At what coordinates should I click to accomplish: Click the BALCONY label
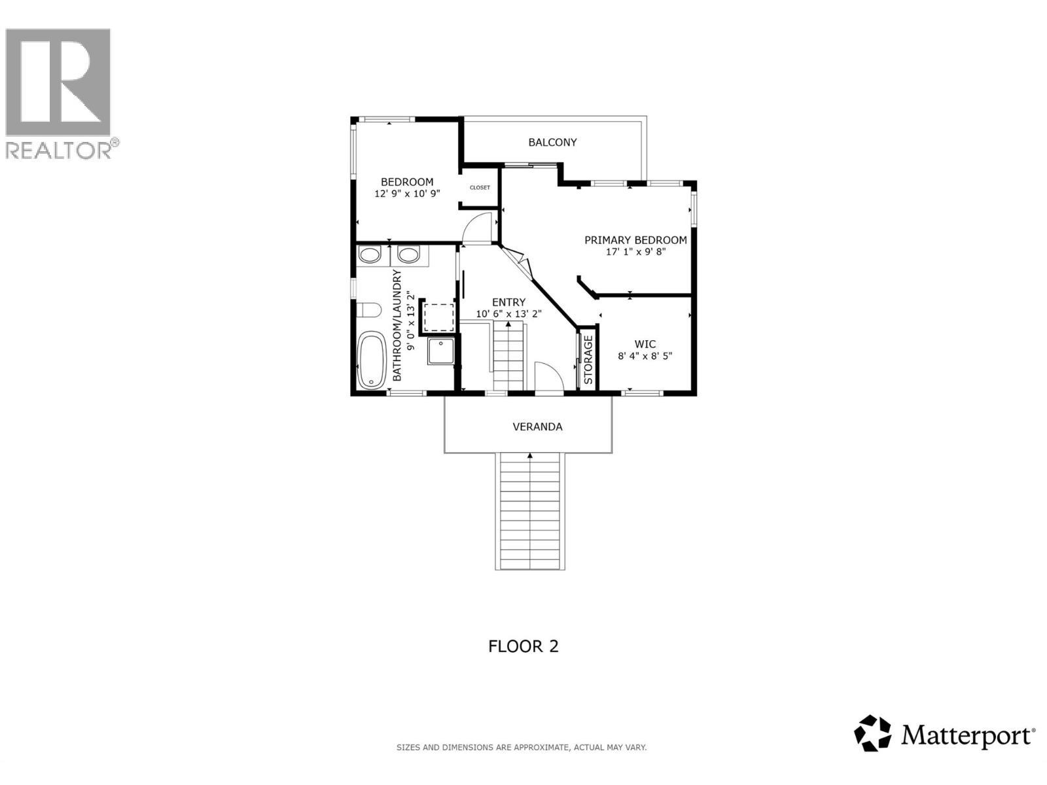point(552,142)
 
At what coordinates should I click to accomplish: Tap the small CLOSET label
point(480,188)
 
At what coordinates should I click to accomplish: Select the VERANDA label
point(537,427)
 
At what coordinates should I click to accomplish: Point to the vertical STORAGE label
point(588,360)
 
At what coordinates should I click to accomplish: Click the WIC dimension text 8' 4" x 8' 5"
point(645,356)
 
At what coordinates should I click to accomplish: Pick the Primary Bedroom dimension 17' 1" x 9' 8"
point(635,251)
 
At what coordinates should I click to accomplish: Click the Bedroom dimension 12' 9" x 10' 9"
point(407,194)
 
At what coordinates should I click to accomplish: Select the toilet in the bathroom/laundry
point(369,309)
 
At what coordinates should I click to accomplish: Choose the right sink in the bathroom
point(409,254)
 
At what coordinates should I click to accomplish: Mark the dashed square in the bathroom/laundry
point(438,317)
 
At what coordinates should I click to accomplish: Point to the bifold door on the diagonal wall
point(521,262)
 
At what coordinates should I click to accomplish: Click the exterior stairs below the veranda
point(529,510)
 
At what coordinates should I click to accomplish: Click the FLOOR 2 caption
point(523,646)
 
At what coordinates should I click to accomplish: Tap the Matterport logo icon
point(873,733)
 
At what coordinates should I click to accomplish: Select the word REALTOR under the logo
point(59,150)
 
